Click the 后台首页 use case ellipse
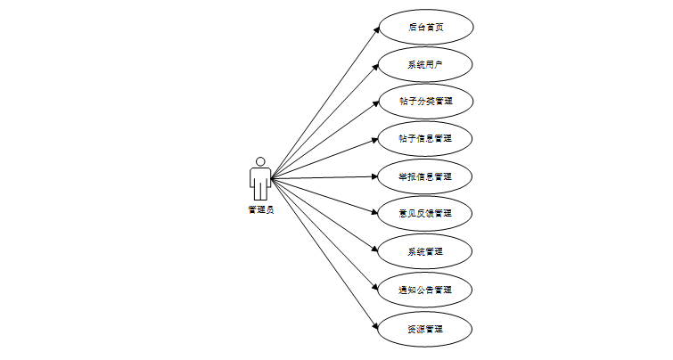tap(426, 27)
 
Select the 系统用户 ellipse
tap(426, 64)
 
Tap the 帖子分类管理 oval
tap(426, 102)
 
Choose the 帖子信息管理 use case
tap(426, 139)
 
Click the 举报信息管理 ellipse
tap(426, 176)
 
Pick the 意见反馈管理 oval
tap(426, 214)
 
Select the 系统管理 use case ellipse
tap(426, 251)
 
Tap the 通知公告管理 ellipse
tap(426, 290)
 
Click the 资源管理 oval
tap(426, 329)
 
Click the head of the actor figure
tap(260, 161)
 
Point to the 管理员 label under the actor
tap(260, 210)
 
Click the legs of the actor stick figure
tap(260, 192)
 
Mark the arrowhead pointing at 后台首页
tap(376, 29)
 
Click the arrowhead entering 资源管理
tap(376, 327)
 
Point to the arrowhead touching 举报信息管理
tap(375, 176)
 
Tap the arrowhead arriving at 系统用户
tap(376, 66)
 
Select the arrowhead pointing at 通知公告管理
tap(376, 288)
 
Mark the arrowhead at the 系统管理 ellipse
tap(376, 250)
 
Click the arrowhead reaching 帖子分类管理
tap(376, 103)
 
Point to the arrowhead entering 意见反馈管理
tap(376, 213)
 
